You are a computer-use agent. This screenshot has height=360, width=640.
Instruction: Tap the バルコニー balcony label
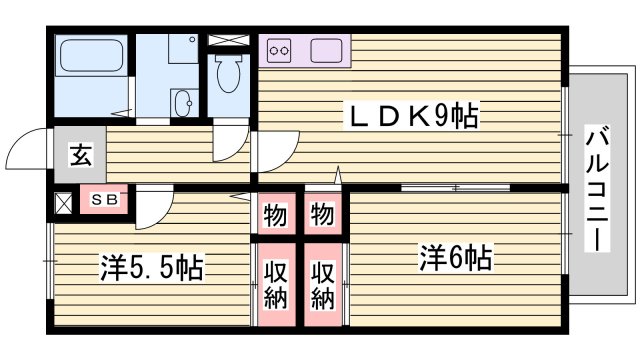click(597, 189)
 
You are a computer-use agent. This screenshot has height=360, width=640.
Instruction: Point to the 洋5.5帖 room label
click(151, 268)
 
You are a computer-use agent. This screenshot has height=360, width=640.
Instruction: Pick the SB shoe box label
click(104, 200)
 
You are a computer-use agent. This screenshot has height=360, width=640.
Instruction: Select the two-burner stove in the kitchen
click(279, 49)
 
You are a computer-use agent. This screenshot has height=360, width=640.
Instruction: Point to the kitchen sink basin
click(327, 49)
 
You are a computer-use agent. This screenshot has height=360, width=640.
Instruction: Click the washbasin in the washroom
click(182, 102)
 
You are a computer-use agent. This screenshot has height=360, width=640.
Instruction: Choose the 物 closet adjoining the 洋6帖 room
click(322, 214)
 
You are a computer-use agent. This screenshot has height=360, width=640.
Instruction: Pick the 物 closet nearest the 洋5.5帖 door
click(274, 214)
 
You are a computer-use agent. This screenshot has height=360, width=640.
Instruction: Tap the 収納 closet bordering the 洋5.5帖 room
click(274, 284)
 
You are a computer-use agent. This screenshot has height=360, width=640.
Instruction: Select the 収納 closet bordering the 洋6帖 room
click(322, 284)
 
